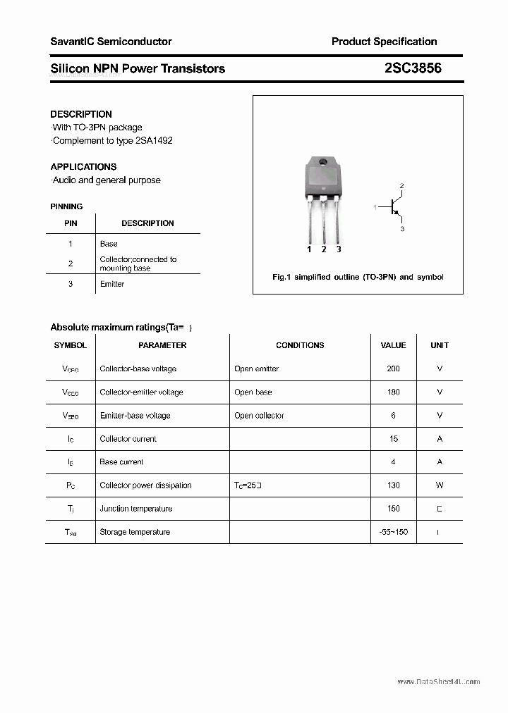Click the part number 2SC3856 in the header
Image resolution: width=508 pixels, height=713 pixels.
pyautogui.click(x=413, y=68)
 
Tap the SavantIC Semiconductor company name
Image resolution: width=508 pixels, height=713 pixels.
pyautogui.click(x=111, y=42)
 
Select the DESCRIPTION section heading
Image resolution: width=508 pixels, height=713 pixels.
pyautogui.click(x=81, y=114)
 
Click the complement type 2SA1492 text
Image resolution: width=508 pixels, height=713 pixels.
pyautogui.click(x=113, y=140)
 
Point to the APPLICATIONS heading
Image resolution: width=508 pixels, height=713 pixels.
pyautogui.click(x=83, y=167)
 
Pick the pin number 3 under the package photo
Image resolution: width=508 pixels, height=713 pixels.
pyautogui.click(x=339, y=249)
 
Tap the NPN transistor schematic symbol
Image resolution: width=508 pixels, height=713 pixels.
pyautogui.click(x=394, y=207)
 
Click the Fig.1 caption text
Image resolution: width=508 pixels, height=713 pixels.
pyautogui.click(x=358, y=277)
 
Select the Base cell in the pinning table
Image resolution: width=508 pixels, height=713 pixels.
pyautogui.click(x=109, y=244)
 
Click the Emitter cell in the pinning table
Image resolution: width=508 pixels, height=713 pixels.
pyautogui.click(x=111, y=284)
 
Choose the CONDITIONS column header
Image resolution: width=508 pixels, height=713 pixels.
pyautogui.click(x=300, y=345)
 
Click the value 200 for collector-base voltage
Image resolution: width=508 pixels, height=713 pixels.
pyautogui.click(x=393, y=368)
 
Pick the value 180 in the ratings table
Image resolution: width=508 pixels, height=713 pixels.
pyautogui.click(x=393, y=392)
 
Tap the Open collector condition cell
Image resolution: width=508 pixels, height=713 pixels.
pyautogui.click(x=259, y=416)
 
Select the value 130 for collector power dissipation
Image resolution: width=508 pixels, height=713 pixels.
pyautogui.click(x=393, y=485)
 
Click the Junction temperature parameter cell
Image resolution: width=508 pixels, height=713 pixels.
pyautogui.click(x=136, y=509)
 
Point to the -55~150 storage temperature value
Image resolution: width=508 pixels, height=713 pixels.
pyautogui.click(x=393, y=532)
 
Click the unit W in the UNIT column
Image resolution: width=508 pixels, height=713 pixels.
pyautogui.click(x=440, y=485)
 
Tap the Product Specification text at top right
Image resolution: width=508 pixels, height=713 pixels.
pyautogui.click(x=384, y=42)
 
